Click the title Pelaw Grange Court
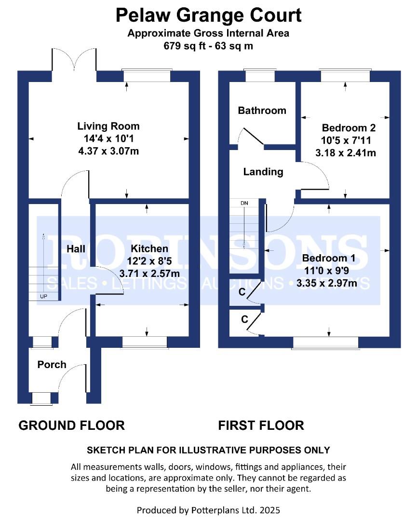[x=208, y=15]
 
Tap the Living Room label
[x=108, y=126]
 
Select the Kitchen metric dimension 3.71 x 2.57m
[x=149, y=274]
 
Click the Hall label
[x=76, y=249]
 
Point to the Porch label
[x=52, y=365]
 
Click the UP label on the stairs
[x=43, y=296]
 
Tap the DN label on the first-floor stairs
[x=244, y=203]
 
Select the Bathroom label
[x=262, y=110]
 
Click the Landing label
[x=263, y=172]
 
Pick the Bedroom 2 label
[x=349, y=127]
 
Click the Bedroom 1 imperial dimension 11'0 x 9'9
[x=327, y=271]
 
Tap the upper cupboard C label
[x=242, y=292]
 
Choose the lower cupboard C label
[x=245, y=319]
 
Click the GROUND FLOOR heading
[x=72, y=425]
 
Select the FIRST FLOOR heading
[x=261, y=425]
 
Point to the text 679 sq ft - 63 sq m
[x=208, y=45]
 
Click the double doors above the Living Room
[x=74, y=60]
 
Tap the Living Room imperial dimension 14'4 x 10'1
[x=108, y=138]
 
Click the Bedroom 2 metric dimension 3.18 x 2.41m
[x=346, y=153]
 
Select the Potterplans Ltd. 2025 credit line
[x=208, y=510]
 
